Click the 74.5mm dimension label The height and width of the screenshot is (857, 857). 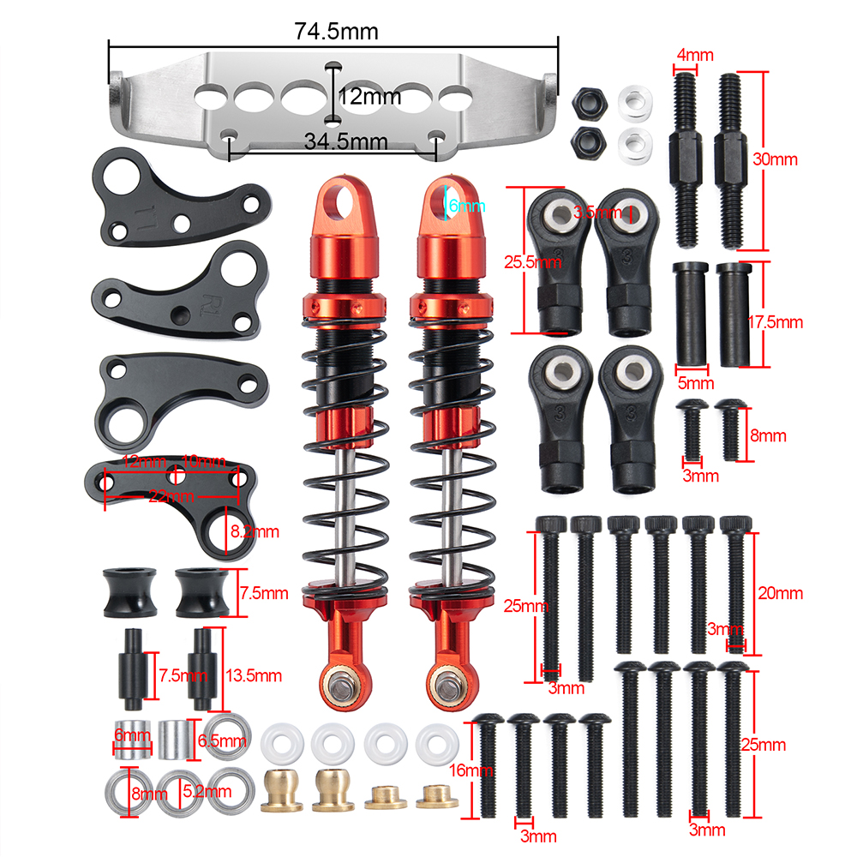click(x=337, y=32)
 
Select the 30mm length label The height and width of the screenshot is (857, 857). click(x=774, y=159)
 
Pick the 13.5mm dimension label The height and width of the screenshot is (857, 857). click(x=254, y=675)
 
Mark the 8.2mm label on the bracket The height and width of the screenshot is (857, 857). click(x=254, y=531)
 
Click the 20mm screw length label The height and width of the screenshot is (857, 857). click(x=780, y=593)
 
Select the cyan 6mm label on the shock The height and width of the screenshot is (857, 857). click(x=465, y=206)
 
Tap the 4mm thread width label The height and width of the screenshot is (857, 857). click(x=694, y=56)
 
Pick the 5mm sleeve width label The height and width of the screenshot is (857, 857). click(x=694, y=382)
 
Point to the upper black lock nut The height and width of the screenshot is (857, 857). click(x=588, y=100)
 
